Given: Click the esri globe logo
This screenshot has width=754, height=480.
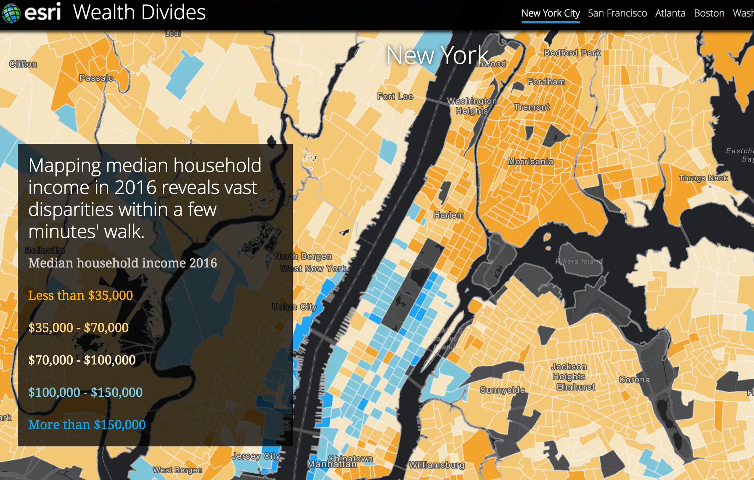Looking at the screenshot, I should tap(11, 13).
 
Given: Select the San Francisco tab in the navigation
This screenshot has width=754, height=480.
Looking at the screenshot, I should tap(617, 13).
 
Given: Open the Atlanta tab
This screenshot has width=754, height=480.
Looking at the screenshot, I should tap(670, 13).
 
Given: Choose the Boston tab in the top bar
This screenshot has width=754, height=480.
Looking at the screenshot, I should tap(709, 13).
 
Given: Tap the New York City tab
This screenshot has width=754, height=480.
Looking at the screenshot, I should tap(550, 13).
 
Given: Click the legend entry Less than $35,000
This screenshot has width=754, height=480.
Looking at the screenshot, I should tap(81, 295).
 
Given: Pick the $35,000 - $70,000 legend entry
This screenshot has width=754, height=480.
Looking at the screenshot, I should tap(78, 328).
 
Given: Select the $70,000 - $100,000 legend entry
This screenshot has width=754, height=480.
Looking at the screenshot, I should tap(82, 360).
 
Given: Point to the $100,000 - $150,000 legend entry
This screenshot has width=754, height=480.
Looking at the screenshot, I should tap(85, 392).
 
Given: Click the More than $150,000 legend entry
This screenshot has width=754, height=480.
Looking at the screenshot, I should tap(87, 425).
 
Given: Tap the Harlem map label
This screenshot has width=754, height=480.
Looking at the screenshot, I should tap(448, 215).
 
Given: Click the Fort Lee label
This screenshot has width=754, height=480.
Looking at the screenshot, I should tap(395, 97).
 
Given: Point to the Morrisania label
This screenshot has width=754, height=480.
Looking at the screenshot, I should tap(530, 161).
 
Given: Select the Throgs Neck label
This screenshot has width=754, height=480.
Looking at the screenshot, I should tap(703, 178).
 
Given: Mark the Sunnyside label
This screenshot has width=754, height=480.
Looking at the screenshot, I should tap(502, 390).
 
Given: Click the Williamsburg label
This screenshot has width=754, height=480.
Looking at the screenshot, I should tap(437, 465).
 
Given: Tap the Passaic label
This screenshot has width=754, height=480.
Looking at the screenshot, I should tap(96, 78).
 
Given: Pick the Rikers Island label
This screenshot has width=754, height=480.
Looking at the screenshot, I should tap(579, 261).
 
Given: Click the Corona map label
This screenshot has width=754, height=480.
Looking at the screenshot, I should tap(634, 379).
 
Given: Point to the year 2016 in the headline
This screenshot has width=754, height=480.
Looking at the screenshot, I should tap(135, 188).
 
